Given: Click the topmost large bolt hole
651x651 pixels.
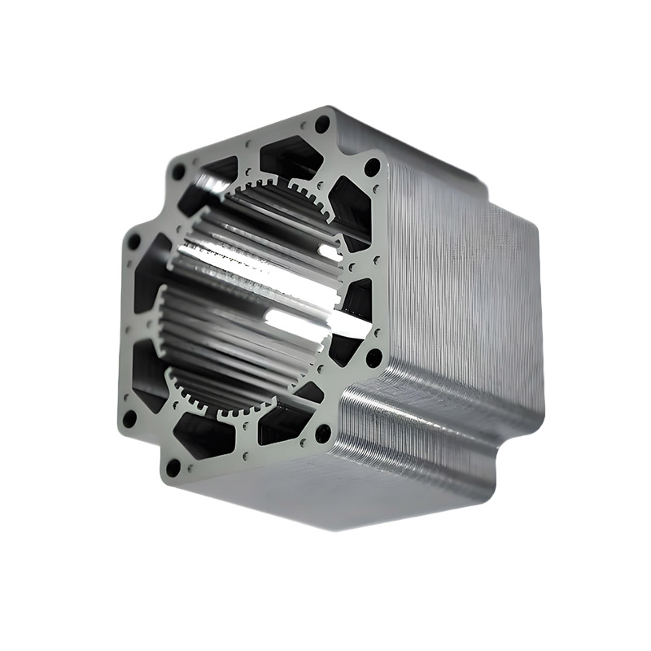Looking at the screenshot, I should point(323,124).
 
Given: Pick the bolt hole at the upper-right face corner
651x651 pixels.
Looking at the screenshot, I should point(372,167).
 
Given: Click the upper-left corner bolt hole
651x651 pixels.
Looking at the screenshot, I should point(178,171).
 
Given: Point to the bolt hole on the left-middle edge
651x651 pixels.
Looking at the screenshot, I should point(133,242).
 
